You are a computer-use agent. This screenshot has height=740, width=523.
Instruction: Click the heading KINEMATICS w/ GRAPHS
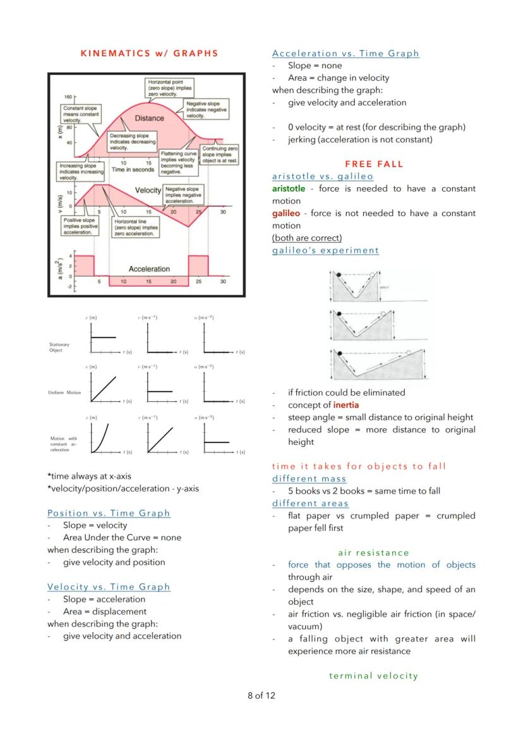click(149, 53)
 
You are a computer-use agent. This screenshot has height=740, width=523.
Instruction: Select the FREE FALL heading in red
click(374, 164)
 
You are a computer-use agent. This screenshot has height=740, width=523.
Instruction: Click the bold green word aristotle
click(288, 188)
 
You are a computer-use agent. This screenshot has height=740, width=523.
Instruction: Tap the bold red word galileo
click(286, 213)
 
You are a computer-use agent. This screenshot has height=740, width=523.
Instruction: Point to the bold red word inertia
click(347, 405)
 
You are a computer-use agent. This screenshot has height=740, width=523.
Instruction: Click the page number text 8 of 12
click(261, 696)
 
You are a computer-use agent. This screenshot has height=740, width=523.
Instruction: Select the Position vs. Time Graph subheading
click(109, 513)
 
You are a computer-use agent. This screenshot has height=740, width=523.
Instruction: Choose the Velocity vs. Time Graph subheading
click(109, 586)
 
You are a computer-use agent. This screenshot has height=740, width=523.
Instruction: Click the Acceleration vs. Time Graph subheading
click(346, 53)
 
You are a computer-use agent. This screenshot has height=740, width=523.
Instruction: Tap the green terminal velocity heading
click(373, 676)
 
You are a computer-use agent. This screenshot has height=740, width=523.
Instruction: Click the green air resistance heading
click(373, 552)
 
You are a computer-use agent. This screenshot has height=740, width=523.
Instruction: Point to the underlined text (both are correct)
click(307, 238)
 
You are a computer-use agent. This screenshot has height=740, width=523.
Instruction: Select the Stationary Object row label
click(59, 348)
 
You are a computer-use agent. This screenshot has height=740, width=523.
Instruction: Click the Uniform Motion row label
click(64, 392)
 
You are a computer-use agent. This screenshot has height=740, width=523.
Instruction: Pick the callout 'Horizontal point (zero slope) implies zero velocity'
click(170, 88)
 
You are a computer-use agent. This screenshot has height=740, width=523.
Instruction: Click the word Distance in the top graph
click(149, 118)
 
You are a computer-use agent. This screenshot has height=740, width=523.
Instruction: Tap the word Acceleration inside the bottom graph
click(149, 269)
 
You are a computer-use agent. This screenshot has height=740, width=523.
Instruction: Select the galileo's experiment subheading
click(325, 250)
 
